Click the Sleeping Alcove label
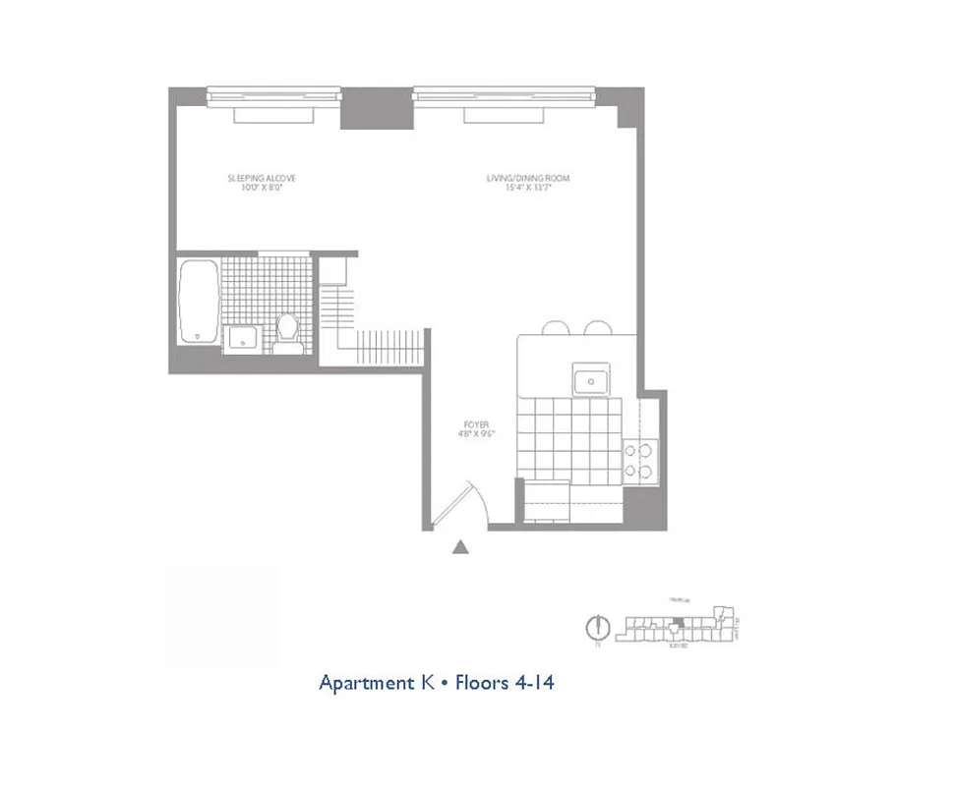tap(262, 179)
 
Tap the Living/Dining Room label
tap(528, 179)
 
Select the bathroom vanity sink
tap(241, 340)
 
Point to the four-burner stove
tap(640, 462)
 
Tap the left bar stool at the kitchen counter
tap(556, 328)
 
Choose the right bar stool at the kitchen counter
tap(598, 328)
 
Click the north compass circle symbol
tap(593, 626)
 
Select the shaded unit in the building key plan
tap(678, 621)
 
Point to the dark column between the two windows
tap(377, 108)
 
